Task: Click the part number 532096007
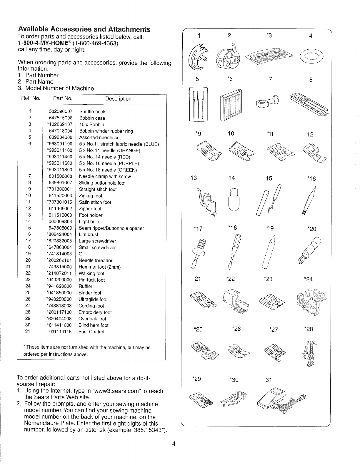point(61,112)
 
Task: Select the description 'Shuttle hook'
point(92,112)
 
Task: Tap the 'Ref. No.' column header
point(31,98)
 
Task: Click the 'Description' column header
point(118,99)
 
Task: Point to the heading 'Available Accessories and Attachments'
point(84,29)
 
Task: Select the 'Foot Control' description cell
point(91,332)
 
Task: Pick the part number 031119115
point(60,332)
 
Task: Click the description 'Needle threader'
point(96,260)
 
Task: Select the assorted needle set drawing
point(199,104)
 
